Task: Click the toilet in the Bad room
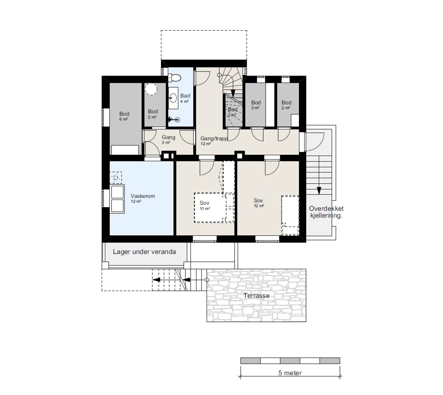[x=174, y=77]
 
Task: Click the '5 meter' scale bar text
[x=290, y=373]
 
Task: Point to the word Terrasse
[x=256, y=296]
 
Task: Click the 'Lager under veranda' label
[x=144, y=252]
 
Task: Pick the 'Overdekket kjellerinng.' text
[x=326, y=212]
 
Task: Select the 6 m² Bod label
[x=124, y=116]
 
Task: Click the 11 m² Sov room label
[x=205, y=206]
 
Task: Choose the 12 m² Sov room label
[x=259, y=203]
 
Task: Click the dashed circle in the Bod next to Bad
[x=151, y=89]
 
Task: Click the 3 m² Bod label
[x=256, y=105]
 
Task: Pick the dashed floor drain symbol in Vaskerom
[x=116, y=177]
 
